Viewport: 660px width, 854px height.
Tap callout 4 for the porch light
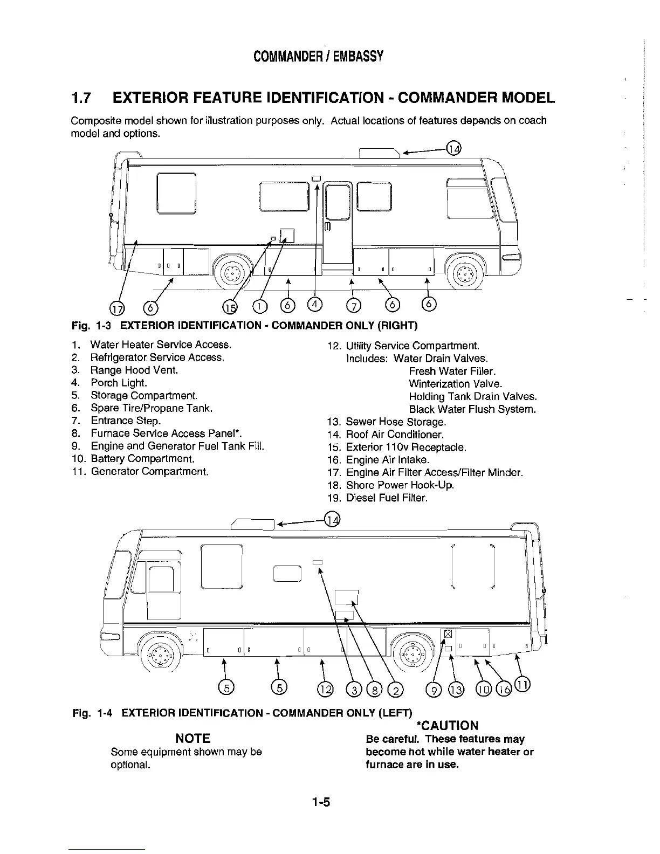coord(315,306)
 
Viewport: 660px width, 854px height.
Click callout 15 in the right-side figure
coord(230,307)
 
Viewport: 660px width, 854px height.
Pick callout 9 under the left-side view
coord(432,687)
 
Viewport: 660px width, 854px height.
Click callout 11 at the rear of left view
coord(523,684)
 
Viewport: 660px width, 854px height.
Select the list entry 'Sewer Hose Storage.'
coord(396,422)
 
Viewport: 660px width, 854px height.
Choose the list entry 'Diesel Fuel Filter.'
coord(387,498)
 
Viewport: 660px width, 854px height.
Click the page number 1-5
coord(320,802)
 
